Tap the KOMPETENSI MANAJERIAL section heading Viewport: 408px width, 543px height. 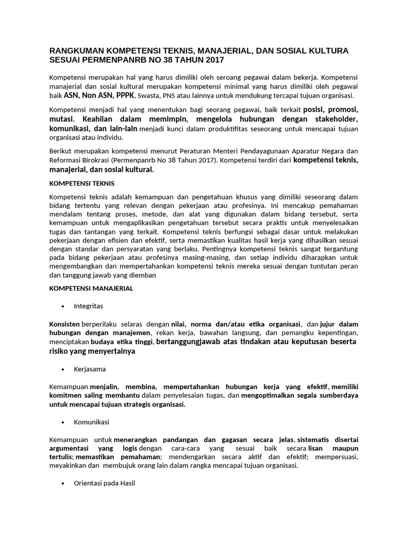tap(91, 288)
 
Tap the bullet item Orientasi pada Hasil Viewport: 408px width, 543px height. tap(105, 484)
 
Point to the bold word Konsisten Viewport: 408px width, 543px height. tap(65, 324)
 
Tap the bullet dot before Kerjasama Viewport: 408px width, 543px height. tap(63, 369)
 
